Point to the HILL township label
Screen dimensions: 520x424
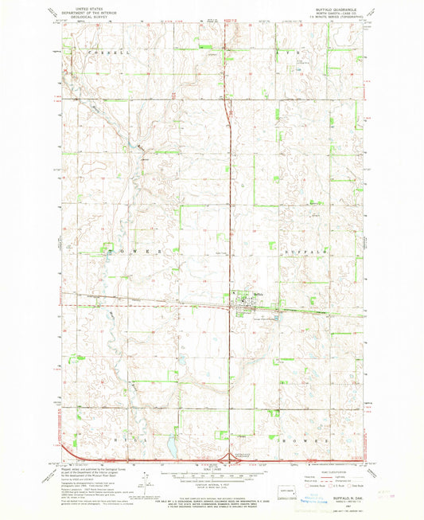120,439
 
